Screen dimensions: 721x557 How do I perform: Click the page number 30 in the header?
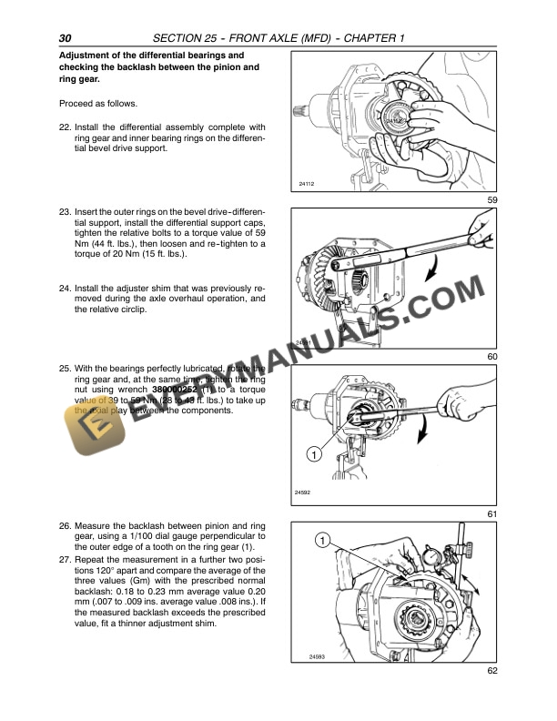pyautogui.click(x=65, y=37)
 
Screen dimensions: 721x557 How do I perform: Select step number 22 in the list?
pyautogui.click(x=65, y=127)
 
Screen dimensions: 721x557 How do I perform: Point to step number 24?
pyautogui.click(x=65, y=288)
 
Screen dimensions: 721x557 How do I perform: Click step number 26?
pyautogui.click(x=65, y=526)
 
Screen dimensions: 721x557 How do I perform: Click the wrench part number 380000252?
pyautogui.click(x=150, y=389)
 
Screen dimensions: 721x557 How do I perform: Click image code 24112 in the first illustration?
pyautogui.click(x=306, y=184)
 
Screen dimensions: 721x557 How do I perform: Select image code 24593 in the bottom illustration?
pyautogui.click(x=306, y=655)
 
